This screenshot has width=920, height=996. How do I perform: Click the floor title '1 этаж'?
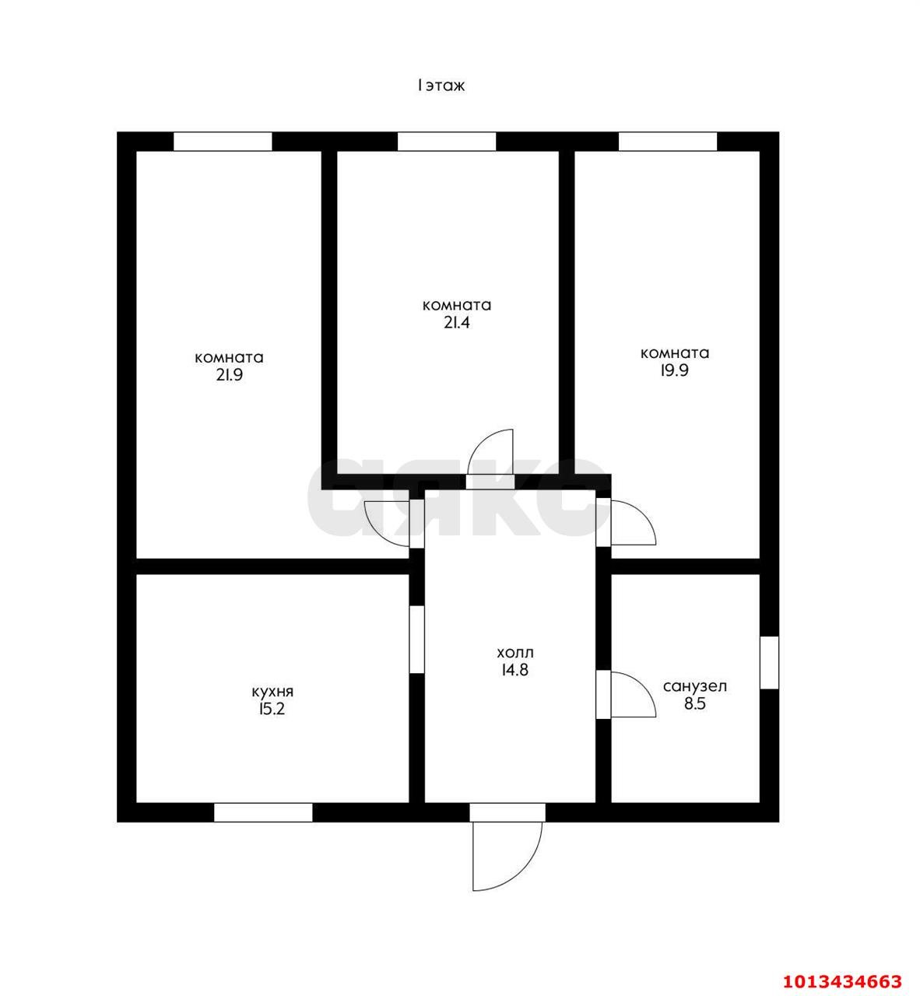441,86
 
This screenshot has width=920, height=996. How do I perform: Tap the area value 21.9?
230,375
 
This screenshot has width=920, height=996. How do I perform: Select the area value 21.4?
457,322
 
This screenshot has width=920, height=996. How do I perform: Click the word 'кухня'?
272,693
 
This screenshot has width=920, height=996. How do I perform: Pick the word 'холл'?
515,653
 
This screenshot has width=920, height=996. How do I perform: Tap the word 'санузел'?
695,686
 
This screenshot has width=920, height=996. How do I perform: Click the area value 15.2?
272,710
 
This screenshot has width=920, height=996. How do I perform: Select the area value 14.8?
515,670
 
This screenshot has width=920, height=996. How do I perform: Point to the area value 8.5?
695,704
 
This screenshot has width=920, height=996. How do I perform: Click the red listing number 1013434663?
843,967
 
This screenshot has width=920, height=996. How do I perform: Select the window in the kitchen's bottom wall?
264,812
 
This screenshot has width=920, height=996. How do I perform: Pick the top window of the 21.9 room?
223,142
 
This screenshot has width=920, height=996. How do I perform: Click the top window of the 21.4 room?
447,142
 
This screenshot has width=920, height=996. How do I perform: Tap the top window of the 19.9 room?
668,142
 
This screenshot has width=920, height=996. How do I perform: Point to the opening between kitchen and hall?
417,640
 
